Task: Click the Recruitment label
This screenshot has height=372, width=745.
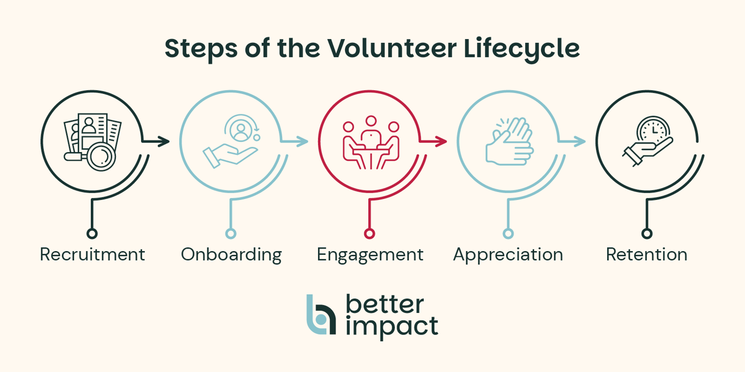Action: (x=92, y=255)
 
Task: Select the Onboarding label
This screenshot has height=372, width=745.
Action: (x=231, y=255)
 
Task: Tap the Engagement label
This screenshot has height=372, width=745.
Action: (x=370, y=255)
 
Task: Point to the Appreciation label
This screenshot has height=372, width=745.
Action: (x=508, y=255)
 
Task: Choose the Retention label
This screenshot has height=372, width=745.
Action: (x=646, y=255)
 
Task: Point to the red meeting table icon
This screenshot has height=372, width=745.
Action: (x=370, y=142)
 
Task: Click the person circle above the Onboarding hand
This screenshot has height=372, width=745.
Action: (x=241, y=129)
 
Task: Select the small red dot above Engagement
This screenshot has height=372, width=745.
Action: (x=370, y=233)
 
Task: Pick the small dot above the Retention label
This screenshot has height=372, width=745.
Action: (x=647, y=233)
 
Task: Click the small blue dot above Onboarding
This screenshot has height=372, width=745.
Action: (x=231, y=233)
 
